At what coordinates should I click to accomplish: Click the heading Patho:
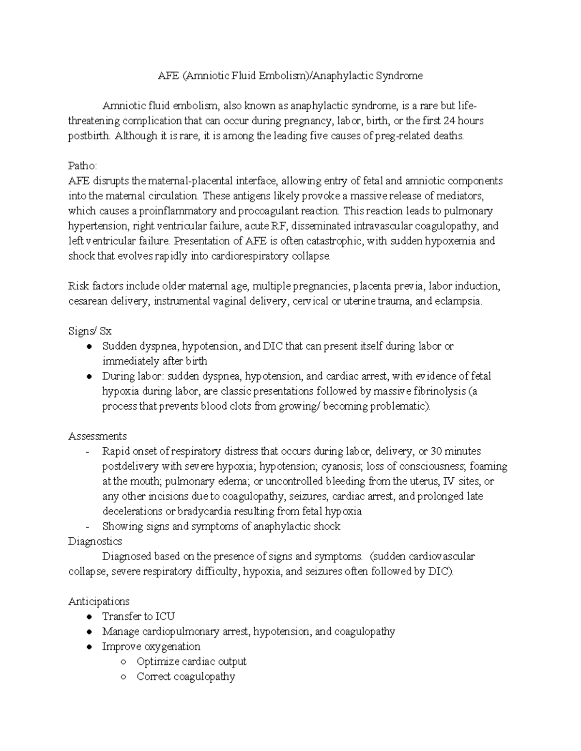tap(83, 166)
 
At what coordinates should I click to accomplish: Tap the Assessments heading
tap(97, 436)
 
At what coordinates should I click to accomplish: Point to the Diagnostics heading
tap(95, 541)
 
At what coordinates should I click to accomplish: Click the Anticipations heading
tap(99, 601)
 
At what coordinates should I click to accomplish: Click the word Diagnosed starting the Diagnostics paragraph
tap(125, 556)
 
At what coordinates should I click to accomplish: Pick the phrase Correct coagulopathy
tap(185, 677)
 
